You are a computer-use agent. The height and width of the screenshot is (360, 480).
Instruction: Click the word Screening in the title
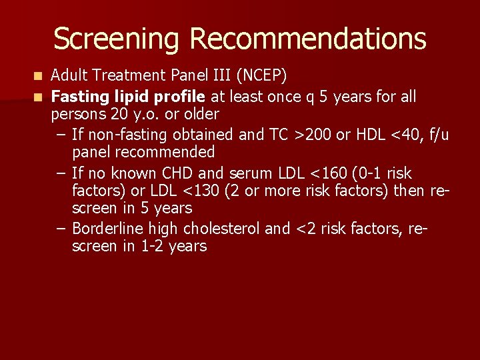tap(117, 39)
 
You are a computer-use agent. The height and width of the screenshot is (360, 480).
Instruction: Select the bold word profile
tap(180, 97)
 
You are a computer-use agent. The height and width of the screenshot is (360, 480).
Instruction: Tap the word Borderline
tap(108, 229)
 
